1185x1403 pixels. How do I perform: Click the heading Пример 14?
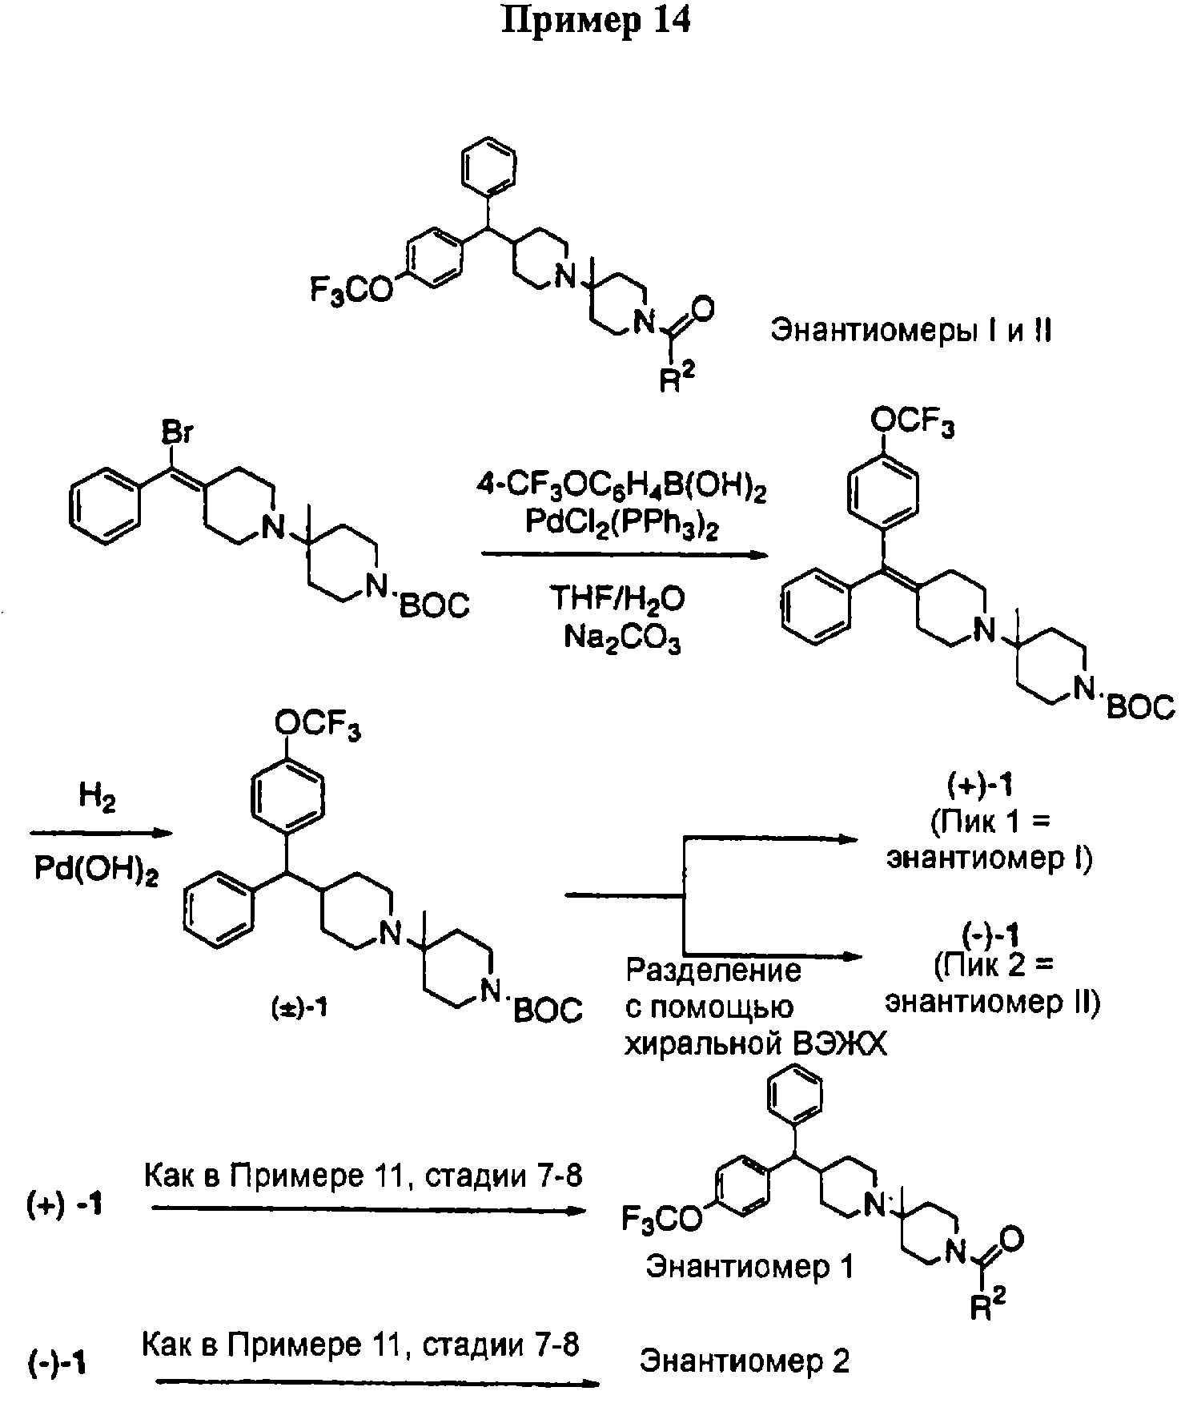point(595,22)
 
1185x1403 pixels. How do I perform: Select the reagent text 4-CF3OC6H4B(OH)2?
point(621,489)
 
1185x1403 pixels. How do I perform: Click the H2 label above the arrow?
point(96,798)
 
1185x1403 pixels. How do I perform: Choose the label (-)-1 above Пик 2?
point(991,935)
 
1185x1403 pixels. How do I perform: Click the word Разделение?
point(713,971)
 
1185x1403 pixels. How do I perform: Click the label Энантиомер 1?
point(750,1266)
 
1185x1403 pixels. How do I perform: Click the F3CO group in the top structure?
point(351,291)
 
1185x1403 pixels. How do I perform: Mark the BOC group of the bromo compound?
point(434,605)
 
